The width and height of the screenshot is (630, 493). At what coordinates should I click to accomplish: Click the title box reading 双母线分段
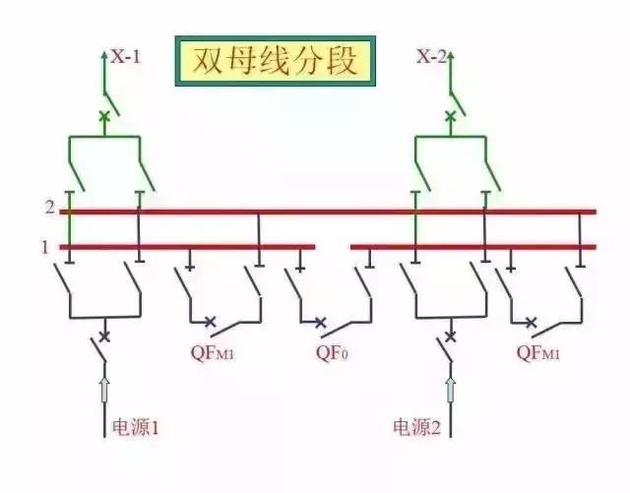click(274, 62)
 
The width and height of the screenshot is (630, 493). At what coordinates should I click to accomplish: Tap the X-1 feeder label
click(125, 57)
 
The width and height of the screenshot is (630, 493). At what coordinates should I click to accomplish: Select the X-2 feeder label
click(431, 57)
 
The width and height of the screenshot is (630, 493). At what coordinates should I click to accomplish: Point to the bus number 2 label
click(48, 209)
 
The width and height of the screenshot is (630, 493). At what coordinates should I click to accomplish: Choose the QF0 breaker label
click(333, 350)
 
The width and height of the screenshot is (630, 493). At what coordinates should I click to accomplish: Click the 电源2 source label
click(414, 427)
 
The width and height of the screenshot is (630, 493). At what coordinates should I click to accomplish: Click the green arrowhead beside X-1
click(104, 55)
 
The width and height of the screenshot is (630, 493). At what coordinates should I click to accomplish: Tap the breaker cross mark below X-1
click(104, 116)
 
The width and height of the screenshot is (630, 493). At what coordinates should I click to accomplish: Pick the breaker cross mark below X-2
click(450, 116)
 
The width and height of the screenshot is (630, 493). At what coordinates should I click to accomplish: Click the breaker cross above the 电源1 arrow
click(104, 337)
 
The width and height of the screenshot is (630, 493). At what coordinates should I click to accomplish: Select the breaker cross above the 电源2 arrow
click(450, 337)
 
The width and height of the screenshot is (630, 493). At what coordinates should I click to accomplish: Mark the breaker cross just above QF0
click(320, 321)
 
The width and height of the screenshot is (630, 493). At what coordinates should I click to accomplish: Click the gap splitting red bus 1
click(333, 246)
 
